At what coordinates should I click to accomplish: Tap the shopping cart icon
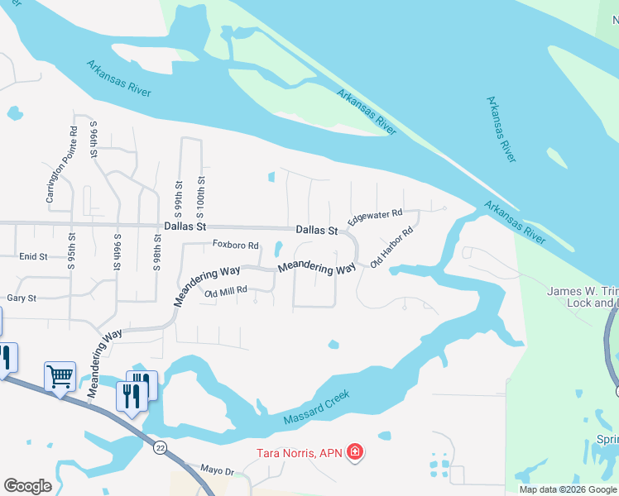[60, 377]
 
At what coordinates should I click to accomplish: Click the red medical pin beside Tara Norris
[354, 451]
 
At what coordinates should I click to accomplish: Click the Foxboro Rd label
[236, 246]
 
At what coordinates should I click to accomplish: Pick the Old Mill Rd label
[226, 291]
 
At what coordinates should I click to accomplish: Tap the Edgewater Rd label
[375, 218]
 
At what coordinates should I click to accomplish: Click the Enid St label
[33, 257]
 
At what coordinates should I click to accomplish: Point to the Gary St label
[22, 298]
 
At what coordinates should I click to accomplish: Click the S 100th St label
[200, 193]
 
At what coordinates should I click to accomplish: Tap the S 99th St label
[178, 193]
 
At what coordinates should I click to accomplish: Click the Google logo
[27, 486]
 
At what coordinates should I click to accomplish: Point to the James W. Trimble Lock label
[583, 297]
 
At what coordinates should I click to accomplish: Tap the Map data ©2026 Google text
[567, 489]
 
